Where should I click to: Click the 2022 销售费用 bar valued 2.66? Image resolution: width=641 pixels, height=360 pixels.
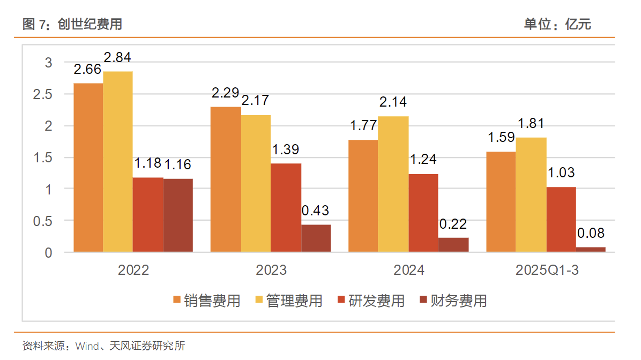coord(88,167)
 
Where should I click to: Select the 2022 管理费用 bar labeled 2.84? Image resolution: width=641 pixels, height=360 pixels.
coord(118,161)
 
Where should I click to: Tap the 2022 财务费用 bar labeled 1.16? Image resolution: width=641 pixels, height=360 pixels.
coord(178,215)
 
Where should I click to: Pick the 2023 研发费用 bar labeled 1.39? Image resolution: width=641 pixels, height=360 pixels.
coord(286,207)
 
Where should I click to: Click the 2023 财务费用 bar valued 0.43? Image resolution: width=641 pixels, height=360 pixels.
coord(316,238)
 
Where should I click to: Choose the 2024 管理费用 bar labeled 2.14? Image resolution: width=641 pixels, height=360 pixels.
coord(393,184)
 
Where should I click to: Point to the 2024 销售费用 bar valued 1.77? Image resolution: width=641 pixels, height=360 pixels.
coord(363,196)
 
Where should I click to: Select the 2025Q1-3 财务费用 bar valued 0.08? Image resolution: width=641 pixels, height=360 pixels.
coord(591,249)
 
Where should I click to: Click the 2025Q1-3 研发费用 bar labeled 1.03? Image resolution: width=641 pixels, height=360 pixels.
coord(561,219)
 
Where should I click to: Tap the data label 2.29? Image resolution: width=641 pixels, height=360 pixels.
coord(225,93)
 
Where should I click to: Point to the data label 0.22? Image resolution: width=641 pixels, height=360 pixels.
coord(453,224)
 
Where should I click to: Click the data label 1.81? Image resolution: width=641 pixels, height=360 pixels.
coord(531,124)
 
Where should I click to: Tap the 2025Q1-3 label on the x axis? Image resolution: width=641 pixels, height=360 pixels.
coord(547,270)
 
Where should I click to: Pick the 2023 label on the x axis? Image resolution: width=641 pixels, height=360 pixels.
coord(271,270)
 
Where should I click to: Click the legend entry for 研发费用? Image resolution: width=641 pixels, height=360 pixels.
coord(371,301)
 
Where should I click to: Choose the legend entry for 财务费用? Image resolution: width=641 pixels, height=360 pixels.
coord(453,301)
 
